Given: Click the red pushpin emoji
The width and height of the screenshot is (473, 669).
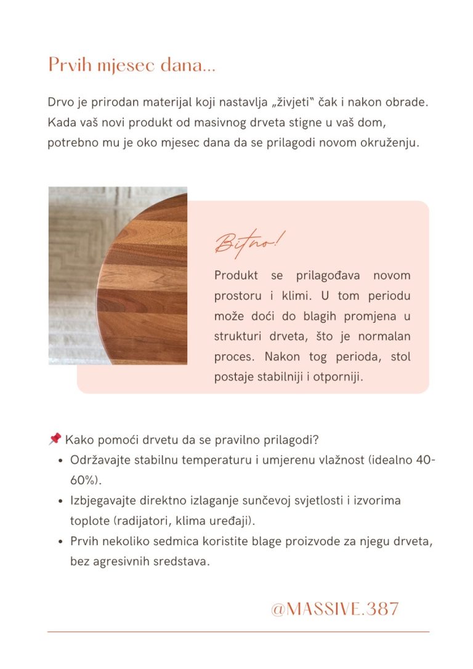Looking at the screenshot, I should (54, 439).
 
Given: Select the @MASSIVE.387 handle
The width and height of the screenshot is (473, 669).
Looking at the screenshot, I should (334, 609).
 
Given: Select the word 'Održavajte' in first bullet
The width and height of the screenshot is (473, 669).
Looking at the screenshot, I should (99, 460).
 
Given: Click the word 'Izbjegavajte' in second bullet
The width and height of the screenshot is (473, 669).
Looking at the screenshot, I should (102, 500).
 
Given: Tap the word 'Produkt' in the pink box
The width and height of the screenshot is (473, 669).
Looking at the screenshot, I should (236, 275).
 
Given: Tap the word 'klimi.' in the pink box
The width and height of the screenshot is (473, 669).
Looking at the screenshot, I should (287, 295).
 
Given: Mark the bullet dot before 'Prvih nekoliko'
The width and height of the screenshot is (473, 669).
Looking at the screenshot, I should (60, 541).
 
